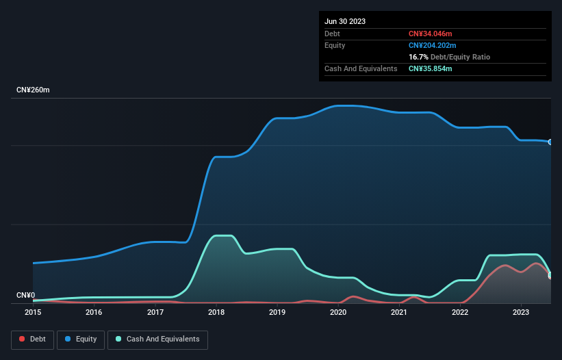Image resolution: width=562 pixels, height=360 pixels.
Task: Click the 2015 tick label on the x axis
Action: (33, 312)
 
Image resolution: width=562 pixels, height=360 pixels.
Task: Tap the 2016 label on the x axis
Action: (94, 312)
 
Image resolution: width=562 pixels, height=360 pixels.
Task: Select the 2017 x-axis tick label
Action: (155, 312)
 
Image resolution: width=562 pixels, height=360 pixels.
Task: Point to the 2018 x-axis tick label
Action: (216, 312)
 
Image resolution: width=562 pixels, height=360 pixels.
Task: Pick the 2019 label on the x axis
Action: (277, 312)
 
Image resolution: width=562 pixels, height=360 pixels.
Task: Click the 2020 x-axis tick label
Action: (338, 312)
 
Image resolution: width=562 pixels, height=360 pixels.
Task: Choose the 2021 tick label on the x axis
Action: (399, 312)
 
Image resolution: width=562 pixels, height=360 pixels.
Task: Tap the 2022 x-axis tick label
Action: (460, 312)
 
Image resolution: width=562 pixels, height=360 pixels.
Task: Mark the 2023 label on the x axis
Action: (521, 312)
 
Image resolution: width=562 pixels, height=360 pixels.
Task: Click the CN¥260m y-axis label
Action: (34, 90)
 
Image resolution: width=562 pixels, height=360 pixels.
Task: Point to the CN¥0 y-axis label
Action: (25, 296)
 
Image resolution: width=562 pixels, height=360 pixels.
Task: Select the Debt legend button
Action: (33, 339)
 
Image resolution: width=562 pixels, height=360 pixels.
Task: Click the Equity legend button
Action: (81, 339)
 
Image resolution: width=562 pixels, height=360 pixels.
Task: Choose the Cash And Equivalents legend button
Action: (157, 339)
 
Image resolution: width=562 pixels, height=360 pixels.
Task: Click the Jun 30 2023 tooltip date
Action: (345, 21)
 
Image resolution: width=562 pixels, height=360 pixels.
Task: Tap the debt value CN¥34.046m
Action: (430, 34)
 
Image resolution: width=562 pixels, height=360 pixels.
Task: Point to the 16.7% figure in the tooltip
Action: (418, 57)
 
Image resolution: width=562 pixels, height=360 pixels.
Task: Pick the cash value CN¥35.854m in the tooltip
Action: (430, 68)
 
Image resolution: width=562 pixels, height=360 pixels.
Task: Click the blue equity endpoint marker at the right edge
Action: (550, 142)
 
